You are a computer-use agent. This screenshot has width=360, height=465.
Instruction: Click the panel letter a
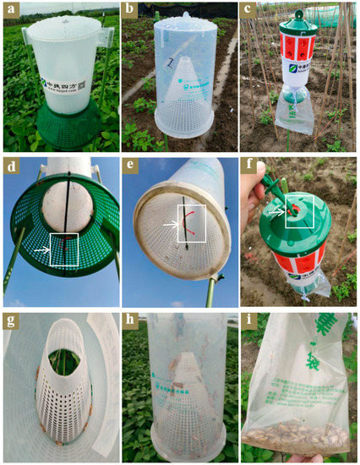tap(13, 12)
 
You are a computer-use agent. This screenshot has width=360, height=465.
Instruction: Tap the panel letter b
tap(131, 12)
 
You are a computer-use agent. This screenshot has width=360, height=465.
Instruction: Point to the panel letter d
tap(13, 166)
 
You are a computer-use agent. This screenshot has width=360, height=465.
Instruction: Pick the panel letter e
tap(131, 166)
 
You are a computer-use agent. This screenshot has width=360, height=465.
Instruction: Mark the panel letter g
tap(13, 321)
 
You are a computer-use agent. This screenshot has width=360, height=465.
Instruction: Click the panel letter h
tap(131, 321)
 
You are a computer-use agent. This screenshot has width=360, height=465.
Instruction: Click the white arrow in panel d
tap(46, 250)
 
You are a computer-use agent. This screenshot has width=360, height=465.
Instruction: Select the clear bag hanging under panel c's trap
tap(292, 114)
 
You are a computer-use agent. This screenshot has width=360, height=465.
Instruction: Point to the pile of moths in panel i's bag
tap(296, 435)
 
